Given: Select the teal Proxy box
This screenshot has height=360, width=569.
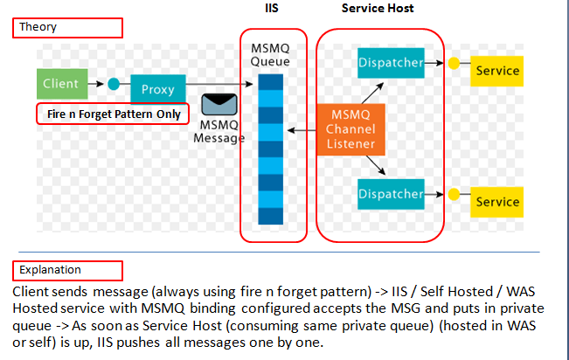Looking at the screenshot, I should tap(158, 88).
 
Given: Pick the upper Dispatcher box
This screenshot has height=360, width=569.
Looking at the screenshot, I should tap(390, 63).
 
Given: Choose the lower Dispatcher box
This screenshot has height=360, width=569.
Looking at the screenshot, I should tap(390, 194).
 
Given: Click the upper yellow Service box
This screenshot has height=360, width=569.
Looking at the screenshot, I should tap(497, 70).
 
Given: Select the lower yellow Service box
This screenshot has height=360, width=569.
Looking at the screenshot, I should tap(497, 202).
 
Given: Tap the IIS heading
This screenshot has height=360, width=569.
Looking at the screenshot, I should tap(272, 8).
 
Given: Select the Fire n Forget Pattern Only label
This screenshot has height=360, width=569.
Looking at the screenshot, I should tap(113, 114).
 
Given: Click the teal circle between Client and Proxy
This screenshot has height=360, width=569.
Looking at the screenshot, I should tap(113, 85).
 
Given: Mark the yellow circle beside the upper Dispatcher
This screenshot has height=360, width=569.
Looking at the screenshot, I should tap(454, 64).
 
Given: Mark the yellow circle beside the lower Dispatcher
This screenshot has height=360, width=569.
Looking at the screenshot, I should tap(454, 194).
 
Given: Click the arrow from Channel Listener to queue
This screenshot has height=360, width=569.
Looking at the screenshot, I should tap(302, 131).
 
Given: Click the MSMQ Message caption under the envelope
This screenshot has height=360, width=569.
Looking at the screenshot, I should tap(219, 132).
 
